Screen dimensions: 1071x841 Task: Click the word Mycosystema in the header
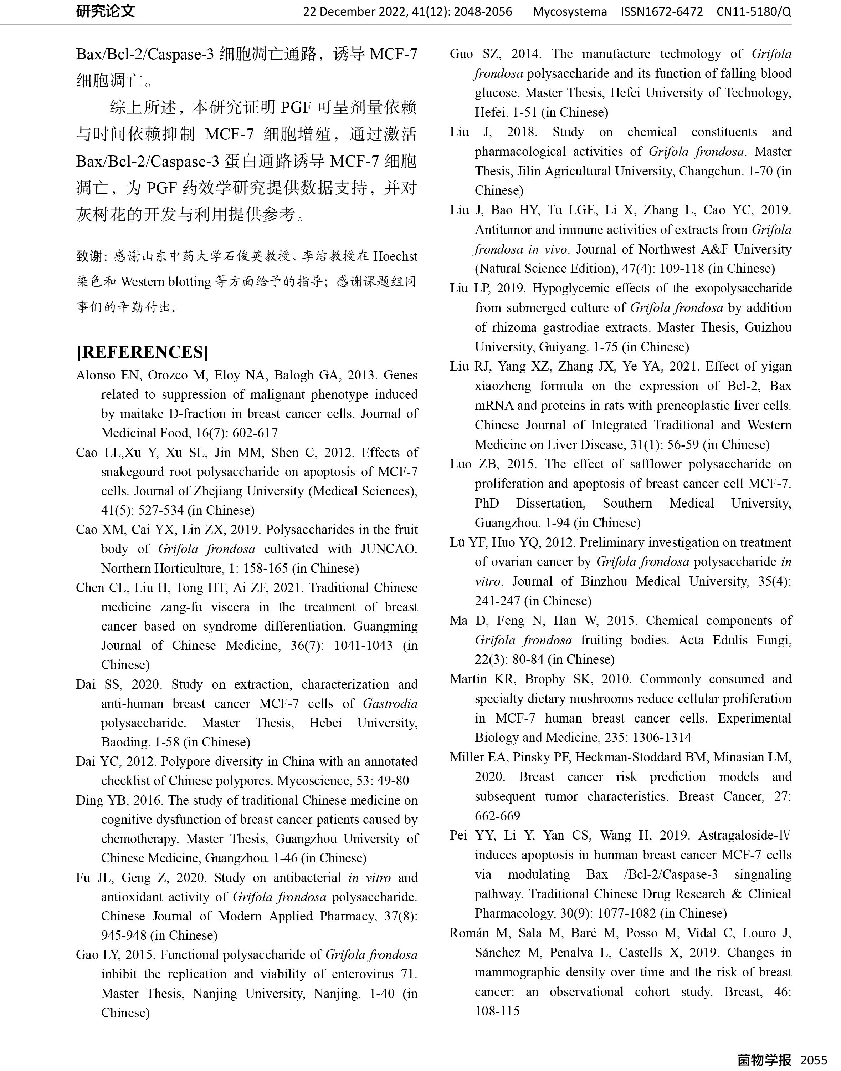570,11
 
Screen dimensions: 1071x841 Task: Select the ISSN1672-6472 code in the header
662,11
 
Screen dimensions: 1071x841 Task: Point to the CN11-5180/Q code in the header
754,11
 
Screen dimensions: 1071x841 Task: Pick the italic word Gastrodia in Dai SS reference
390,704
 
